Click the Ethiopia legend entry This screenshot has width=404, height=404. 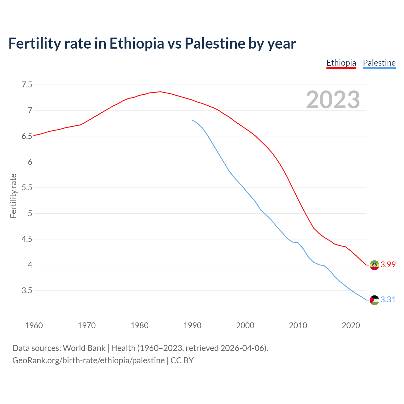point(341,63)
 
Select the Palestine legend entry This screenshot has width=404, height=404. point(379,63)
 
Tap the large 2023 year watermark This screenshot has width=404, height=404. point(333,100)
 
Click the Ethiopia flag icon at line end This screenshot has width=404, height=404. point(374,265)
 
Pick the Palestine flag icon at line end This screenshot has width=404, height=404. point(374,300)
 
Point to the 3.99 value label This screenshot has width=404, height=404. point(388,265)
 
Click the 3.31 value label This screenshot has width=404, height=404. point(388,300)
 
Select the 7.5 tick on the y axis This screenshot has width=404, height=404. point(27,85)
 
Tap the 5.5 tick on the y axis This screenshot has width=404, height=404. point(27,188)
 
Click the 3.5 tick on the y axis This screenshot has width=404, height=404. point(27,290)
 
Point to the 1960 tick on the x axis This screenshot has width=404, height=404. point(34,325)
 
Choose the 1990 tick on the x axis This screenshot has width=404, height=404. point(192,325)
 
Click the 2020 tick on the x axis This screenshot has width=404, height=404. point(351,325)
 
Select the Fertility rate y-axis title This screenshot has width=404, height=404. point(13,196)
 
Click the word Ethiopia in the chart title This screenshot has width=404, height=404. point(137,43)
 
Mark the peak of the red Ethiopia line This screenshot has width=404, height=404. point(160,92)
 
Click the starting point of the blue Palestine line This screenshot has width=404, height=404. point(192,120)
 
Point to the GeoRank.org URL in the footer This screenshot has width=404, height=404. point(88,360)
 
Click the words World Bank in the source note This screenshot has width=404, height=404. point(84,348)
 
